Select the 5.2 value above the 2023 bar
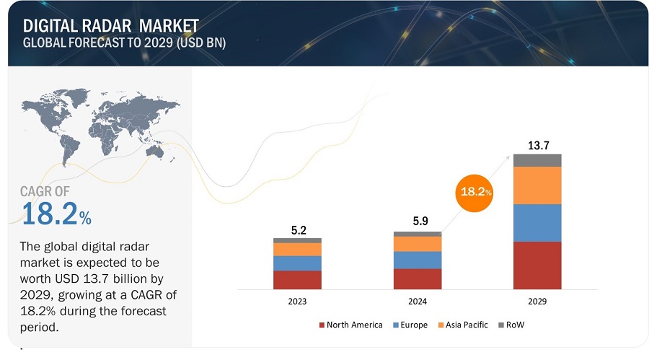pos(297,229)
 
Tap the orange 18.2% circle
pos(475,193)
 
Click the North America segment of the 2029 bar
pos(537,265)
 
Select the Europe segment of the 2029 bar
pos(537,223)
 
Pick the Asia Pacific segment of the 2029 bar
pos(537,185)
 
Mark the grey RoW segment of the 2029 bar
pos(537,160)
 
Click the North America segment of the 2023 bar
pos(297,280)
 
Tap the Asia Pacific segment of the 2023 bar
pos(297,249)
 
